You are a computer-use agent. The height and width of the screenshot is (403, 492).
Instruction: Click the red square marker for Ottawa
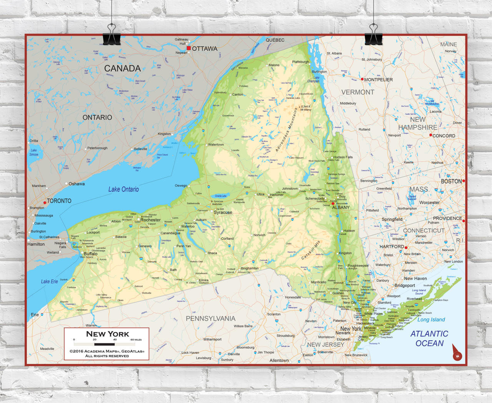pos(189,48)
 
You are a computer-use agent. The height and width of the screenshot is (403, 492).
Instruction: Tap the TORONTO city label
pos(59,201)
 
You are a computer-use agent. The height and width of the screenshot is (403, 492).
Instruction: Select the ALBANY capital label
pos(341,207)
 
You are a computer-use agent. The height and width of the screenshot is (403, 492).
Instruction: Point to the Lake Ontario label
pos(123,189)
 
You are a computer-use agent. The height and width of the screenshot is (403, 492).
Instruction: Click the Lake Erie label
pos(50,282)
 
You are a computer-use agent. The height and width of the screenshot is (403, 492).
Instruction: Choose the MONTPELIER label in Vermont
pos(378,80)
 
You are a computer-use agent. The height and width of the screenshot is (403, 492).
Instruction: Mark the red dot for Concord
pos(430,135)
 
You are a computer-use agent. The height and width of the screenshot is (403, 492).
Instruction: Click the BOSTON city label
pos(451,181)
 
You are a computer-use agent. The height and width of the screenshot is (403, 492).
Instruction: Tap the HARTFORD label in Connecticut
pos(391,247)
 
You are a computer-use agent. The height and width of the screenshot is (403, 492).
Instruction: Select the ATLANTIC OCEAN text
pos(429,338)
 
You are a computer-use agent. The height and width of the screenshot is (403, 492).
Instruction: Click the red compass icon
pos(457,353)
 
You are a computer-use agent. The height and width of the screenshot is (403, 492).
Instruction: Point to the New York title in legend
pos(107,334)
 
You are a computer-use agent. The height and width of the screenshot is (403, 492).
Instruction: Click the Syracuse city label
pos(223,212)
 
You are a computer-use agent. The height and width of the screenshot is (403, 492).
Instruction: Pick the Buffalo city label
pos(91,254)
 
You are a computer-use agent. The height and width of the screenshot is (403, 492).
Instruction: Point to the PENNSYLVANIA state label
pos(210,318)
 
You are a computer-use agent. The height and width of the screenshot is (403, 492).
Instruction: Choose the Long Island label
pos(431,320)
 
